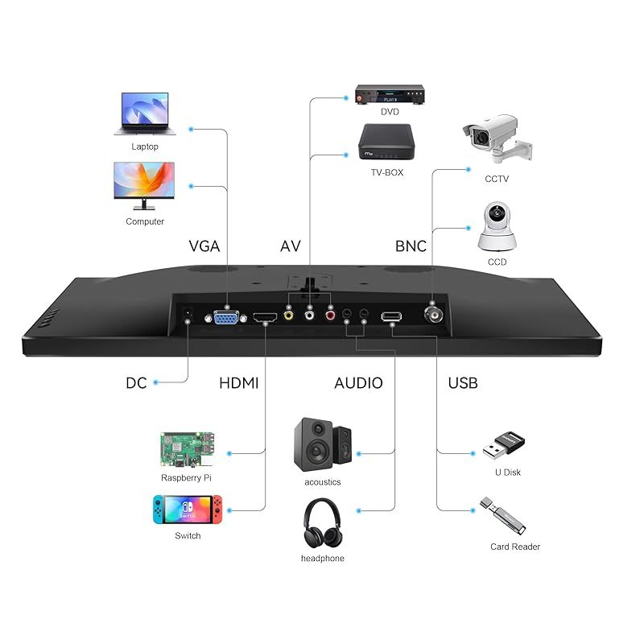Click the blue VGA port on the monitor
pyautogui.click(x=226, y=317)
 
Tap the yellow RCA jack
pyautogui.click(x=289, y=315)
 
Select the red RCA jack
pyautogui.click(x=330, y=315)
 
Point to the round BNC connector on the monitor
pyautogui.click(x=433, y=315)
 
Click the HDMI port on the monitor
pyautogui.click(x=265, y=317)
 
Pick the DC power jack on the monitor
pyautogui.click(x=188, y=314)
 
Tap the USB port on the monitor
pyautogui.click(x=391, y=316)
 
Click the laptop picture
pyautogui.click(x=145, y=114)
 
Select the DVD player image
pyautogui.click(x=390, y=94)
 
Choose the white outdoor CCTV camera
pyautogui.click(x=497, y=138)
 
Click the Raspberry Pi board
pyautogui.click(x=188, y=449)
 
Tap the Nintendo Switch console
pyautogui.click(x=188, y=510)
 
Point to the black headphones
pyautogui.click(x=323, y=523)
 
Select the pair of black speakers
pyautogui.click(x=323, y=444)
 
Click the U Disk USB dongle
pyautogui.click(x=504, y=446)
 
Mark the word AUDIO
pyautogui.click(x=358, y=383)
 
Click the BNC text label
pyautogui.click(x=411, y=246)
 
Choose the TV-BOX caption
pyautogui.click(x=387, y=172)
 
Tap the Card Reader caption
pyautogui.click(x=515, y=547)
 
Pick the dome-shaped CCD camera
pyautogui.click(x=497, y=226)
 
